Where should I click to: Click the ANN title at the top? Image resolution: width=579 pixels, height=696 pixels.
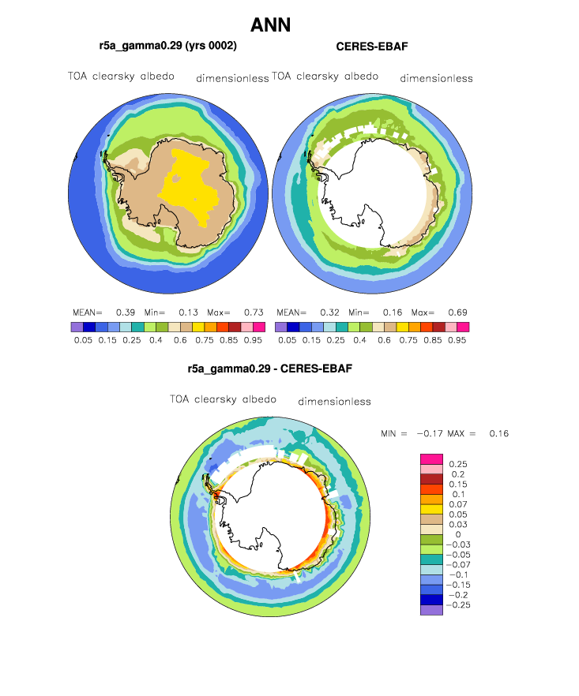point(271,25)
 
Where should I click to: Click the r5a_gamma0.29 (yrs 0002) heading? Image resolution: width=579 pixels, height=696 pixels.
point(168,46)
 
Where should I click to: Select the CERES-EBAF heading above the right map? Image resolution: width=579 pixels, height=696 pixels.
point(372,47)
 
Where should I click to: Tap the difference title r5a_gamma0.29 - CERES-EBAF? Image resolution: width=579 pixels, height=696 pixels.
point(270,369)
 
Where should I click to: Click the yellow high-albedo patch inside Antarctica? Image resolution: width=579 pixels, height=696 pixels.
point(189,186)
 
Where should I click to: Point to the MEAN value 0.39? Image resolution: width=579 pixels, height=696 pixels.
point(126,312)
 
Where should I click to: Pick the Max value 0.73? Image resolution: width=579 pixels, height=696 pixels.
point(254,312)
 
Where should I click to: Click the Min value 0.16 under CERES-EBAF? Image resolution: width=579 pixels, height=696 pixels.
point(393,312)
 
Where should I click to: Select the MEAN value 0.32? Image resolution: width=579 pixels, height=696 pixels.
point(329,312)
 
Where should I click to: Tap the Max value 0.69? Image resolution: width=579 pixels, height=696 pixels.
point(457,312)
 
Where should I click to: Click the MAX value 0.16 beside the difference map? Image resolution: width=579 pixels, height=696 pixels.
point(499,434)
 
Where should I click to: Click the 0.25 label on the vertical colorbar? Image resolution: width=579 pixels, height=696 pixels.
point(458,464)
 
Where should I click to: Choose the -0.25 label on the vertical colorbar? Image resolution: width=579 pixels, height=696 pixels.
point(458,605)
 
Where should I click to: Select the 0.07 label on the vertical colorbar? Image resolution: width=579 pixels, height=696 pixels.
point(458,505)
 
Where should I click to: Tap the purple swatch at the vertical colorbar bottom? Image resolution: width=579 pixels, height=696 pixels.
point(431,610)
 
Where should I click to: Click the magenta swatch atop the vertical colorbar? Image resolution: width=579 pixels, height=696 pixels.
point(431,459)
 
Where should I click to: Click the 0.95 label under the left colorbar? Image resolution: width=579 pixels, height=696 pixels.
point(253,340)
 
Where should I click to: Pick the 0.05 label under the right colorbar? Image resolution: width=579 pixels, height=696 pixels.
point(288,340)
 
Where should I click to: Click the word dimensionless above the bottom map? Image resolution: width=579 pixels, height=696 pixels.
point(334,402)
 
